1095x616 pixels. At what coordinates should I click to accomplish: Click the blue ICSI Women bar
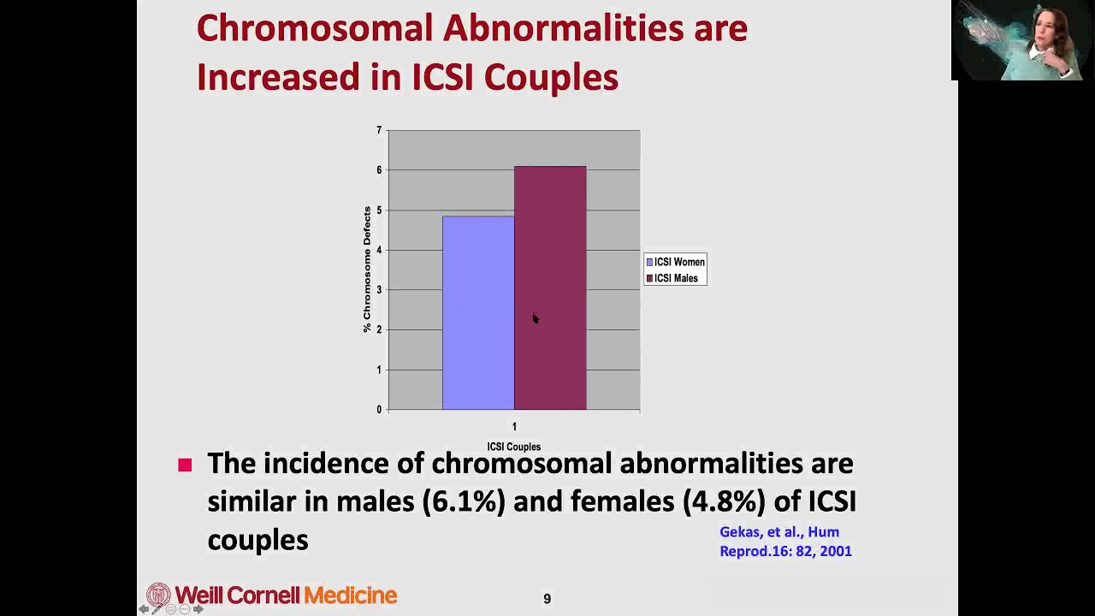(477, 312)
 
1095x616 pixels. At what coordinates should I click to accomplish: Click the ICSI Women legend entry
(675, 262)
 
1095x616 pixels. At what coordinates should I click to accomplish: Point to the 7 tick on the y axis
(379, 130)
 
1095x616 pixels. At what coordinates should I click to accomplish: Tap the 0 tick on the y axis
(379, 410)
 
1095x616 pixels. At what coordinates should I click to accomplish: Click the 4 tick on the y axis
(379, 250)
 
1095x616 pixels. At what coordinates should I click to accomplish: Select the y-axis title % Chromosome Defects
(367, 269)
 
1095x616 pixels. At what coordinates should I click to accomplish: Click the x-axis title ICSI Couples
(513, 447)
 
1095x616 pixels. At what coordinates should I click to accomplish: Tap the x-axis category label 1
(514, 426)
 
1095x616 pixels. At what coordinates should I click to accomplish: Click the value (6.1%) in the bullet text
(464, 501)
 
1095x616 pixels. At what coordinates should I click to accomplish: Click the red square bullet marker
(185, 465)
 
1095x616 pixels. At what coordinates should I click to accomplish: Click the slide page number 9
(547, 599)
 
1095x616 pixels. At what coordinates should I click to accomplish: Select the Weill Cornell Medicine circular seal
(158, 595)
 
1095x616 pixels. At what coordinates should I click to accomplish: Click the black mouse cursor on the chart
(535, 318)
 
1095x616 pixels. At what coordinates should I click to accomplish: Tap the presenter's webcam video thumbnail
(1022, 40)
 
